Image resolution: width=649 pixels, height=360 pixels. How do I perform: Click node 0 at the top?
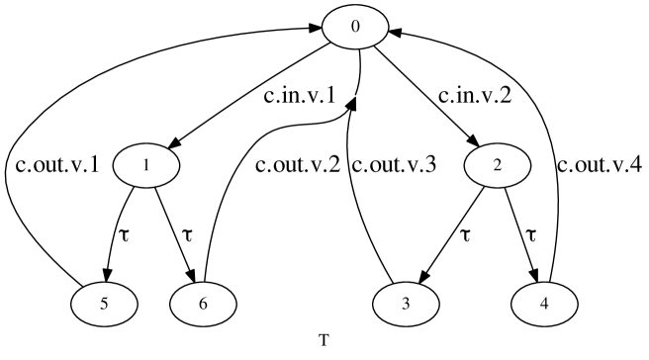(x=352, y=25)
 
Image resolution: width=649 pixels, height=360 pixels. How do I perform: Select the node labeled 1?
(x=145, y=165)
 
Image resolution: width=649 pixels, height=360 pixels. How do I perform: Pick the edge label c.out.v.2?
(x=298, y=165)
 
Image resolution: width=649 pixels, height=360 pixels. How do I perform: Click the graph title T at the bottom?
(x=324, y=341)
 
